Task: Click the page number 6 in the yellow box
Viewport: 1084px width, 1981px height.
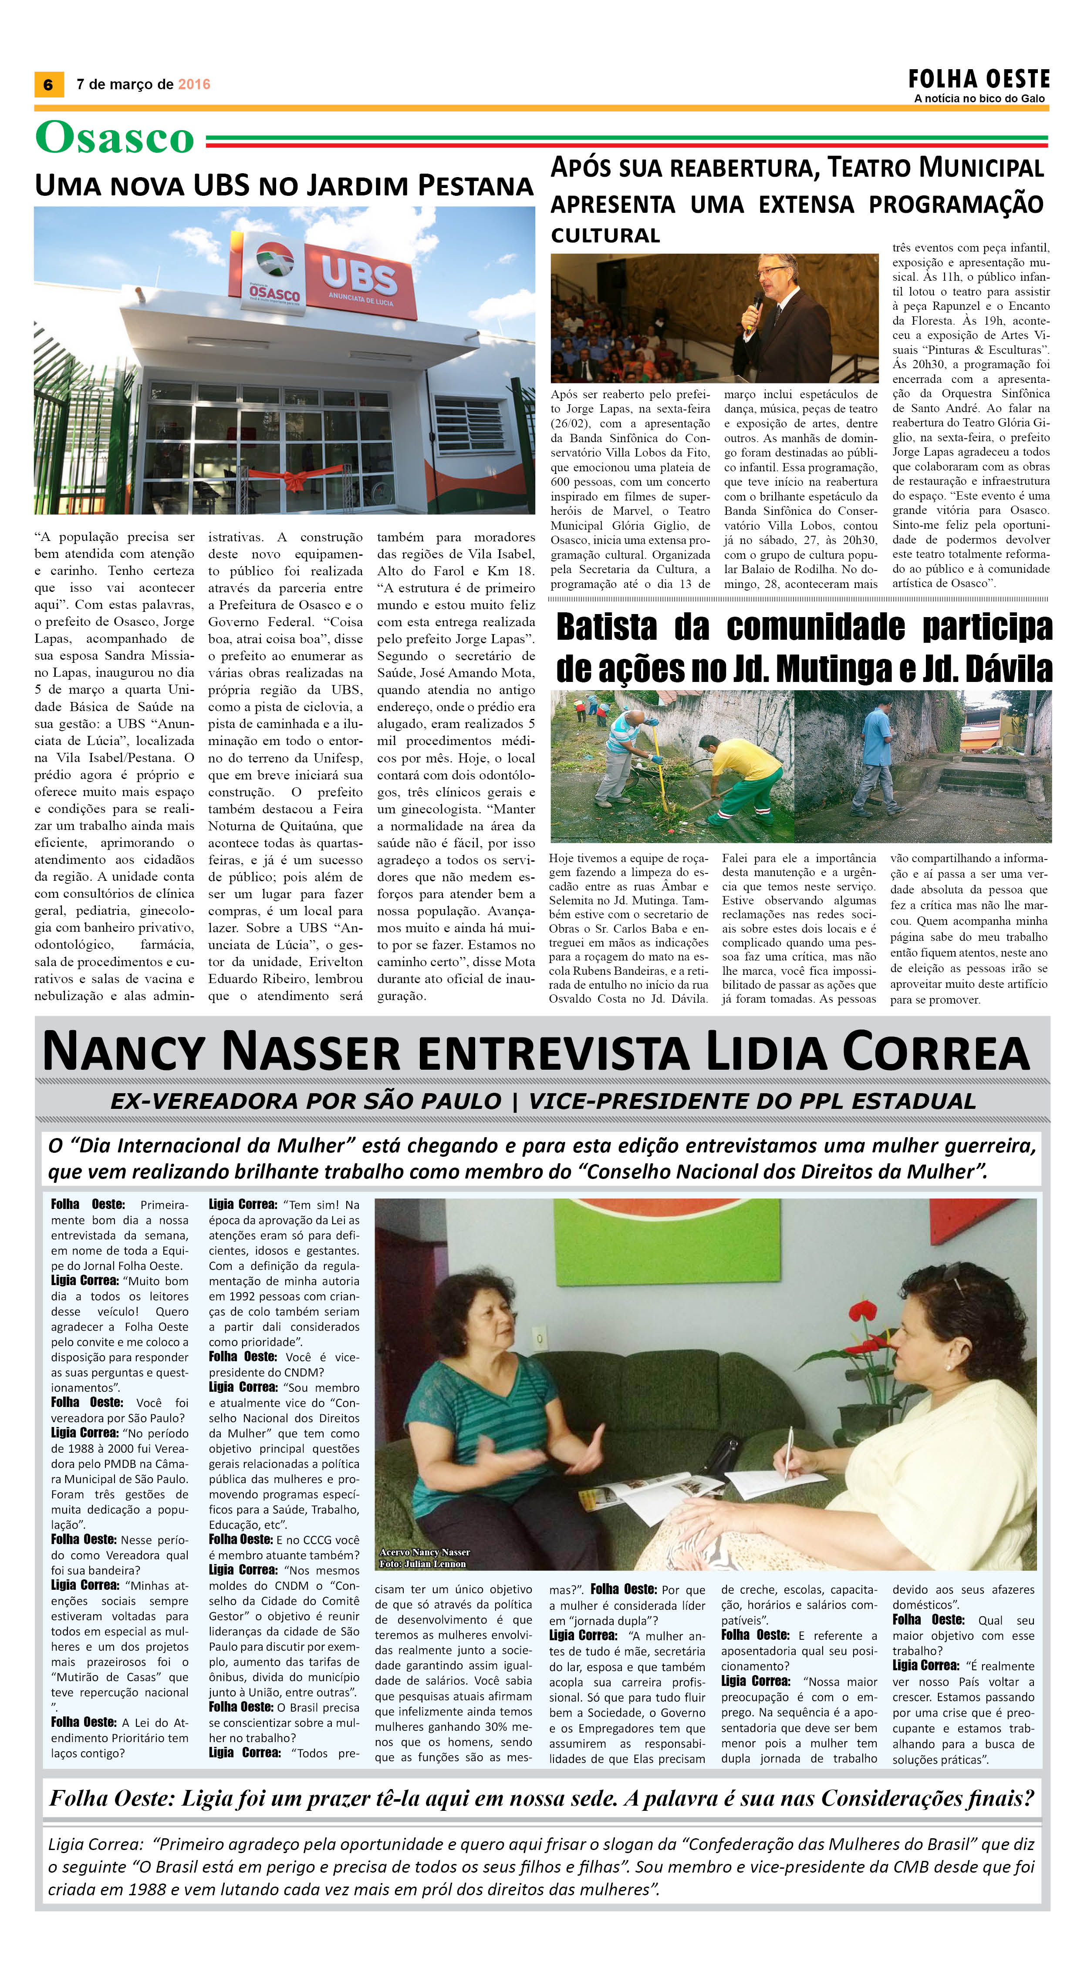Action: pos(48,84)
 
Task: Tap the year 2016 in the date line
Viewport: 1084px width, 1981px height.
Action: pos(194,84)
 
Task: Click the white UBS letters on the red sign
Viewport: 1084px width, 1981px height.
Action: pos(358,275)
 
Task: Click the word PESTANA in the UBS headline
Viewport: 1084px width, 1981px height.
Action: pos(476,186)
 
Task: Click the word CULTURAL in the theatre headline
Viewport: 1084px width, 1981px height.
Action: pos(605,235)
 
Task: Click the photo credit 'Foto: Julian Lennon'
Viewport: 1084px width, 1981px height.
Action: pos(422,1563)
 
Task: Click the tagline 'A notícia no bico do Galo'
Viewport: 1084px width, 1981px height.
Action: pos(979,98)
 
